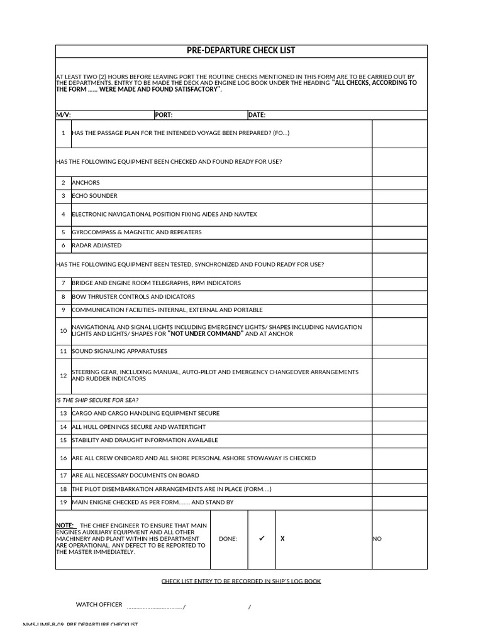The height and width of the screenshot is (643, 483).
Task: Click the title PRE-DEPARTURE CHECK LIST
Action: pyautogui.click(x=241, y=50)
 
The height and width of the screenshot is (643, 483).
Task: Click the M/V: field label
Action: pyautogui.click(x=64, y=115)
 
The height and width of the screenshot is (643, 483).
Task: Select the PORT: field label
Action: pyautogui.click(x=164, y=115)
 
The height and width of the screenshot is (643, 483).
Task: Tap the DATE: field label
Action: pyautogui.click(x=257, y=115)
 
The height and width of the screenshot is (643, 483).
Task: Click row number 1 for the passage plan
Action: pyautogui.click(x=64, y=133)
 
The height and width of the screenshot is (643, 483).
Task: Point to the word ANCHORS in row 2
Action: pyautogui.click(x=86, y=183)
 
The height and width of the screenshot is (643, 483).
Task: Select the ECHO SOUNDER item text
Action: pyautogui.click(x=94, y=196)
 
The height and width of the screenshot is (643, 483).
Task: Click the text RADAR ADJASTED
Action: pyautogui.click(x=97, y=246)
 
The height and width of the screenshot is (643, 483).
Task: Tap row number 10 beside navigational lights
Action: pyautogui.click(x=64, y=331)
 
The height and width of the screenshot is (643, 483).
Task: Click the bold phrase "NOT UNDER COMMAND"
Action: pyautogui.click(x=206, y=334)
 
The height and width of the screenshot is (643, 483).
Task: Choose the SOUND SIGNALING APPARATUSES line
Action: pyautogui.click(x=119, y=351)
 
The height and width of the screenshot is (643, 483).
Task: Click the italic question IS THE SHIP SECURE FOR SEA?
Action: pyautogui.click(x=97, y=400)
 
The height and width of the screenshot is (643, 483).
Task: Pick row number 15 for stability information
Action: pyautogui.click(x=64, y=440)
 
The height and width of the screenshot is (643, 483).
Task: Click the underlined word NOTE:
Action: pyautogui.click(x=65, y=525)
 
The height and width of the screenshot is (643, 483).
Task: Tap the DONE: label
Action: pyautogui.click(x=228, y=539)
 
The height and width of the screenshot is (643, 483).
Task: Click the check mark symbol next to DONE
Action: pyautogui.click(x=262, y=538)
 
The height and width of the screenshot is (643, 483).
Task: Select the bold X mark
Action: pyautogui.click(x=282, y=539)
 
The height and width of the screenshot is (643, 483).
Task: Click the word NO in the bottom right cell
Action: pyautogui.click(x=377, y=539)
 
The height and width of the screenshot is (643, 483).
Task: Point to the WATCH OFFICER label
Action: pyautogui.click(x=99, y=605)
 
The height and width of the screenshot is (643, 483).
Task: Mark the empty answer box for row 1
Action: pyautogui.click(x=399, y=133)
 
